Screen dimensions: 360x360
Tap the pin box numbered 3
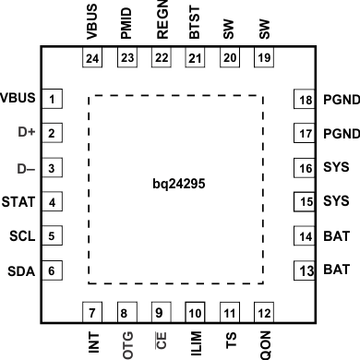click(54, 169)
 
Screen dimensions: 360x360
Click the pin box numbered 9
click(159, 311)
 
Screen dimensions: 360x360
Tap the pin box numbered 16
click(305, 169)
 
